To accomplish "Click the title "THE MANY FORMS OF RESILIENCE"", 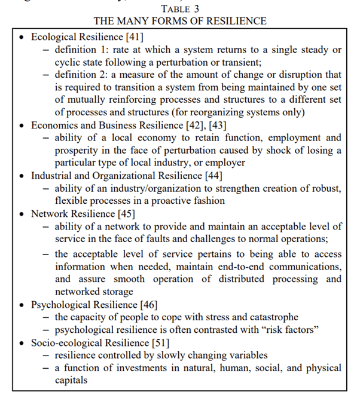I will click(x=179, y=21).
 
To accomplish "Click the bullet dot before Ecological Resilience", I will click(x=22, y=37).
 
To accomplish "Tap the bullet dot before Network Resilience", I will click(x=22, y=214).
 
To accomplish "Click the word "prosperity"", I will click(x=80, y=151).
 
